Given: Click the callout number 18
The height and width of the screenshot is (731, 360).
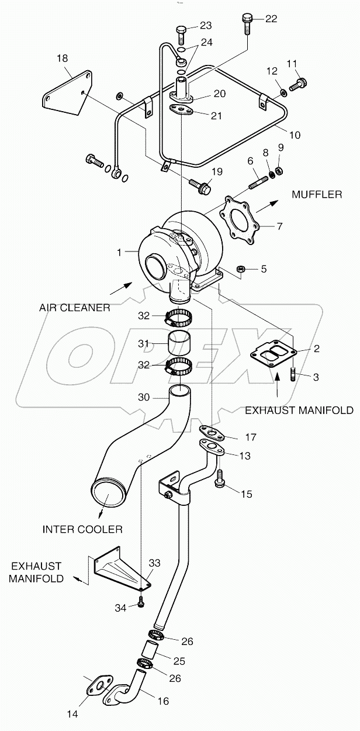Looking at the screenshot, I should tap(63, 58).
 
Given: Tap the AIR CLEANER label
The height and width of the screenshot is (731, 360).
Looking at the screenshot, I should tap(75, 308).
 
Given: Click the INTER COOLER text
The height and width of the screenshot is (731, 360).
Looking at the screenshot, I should tap(82, 529).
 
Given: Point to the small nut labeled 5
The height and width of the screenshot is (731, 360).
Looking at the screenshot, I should tap(240, 269).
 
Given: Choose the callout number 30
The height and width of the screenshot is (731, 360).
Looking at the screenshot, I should tap(144, 397).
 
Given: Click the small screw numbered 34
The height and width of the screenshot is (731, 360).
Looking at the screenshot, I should tap(141, 604).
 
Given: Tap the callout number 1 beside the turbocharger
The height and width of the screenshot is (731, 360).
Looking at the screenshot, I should tap(119, 252).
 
